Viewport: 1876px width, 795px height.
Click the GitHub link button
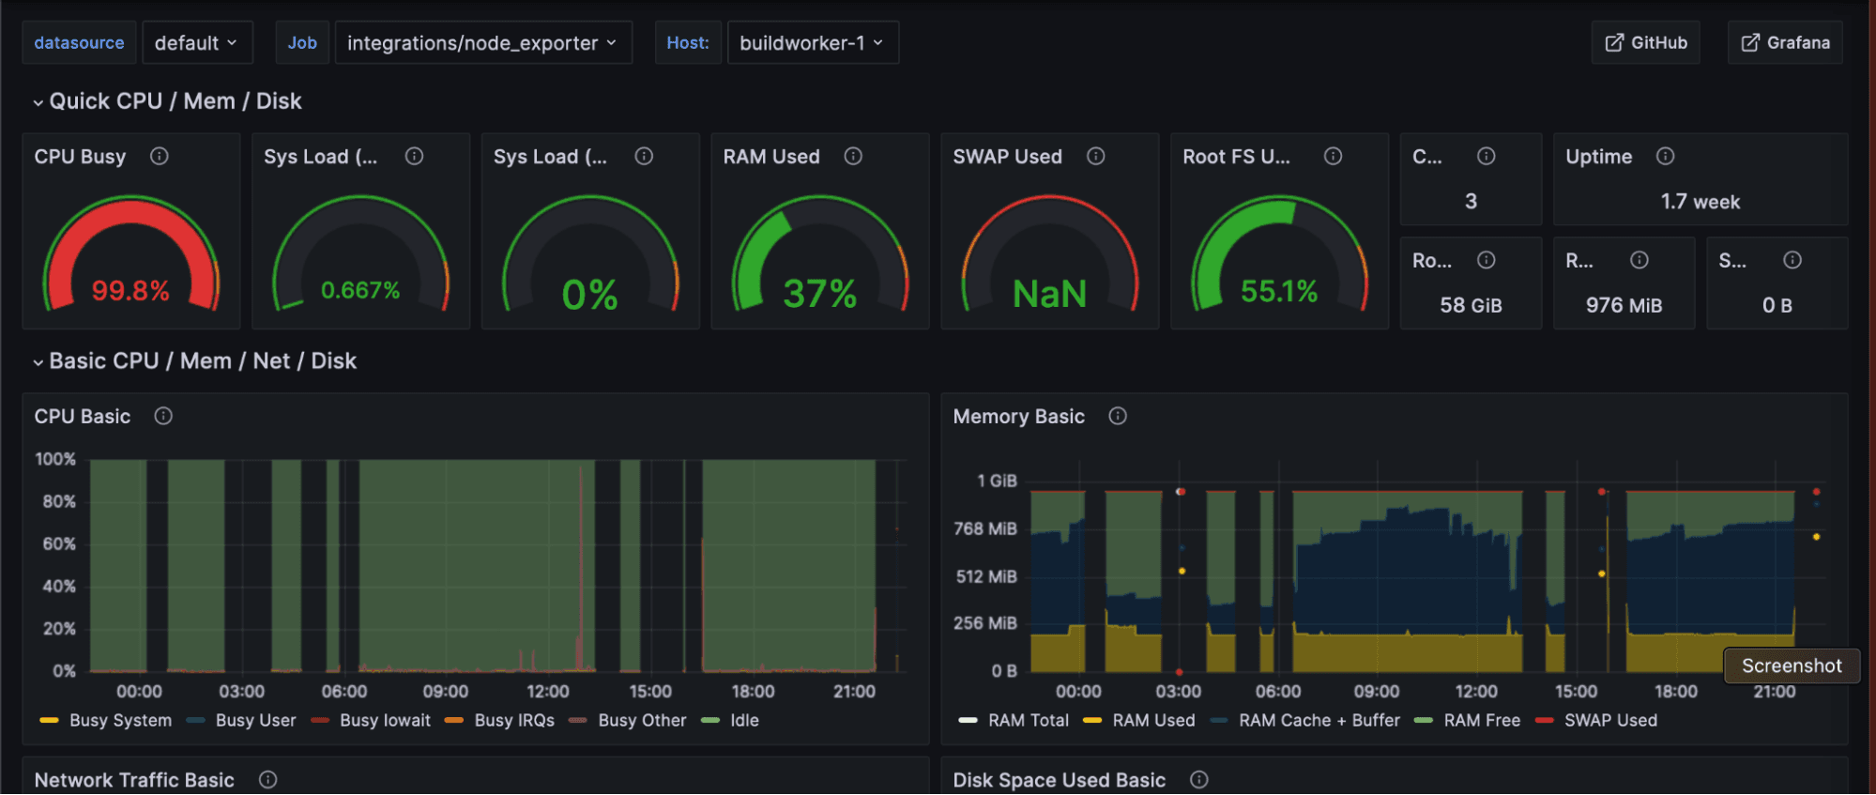tap(1645, 42)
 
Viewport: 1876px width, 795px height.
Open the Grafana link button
tap(1785, 42)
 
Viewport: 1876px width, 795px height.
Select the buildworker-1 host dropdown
tap(812, 42)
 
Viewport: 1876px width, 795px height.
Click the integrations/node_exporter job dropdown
tap(482, 42)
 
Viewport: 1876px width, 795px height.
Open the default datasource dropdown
tap(196, 42)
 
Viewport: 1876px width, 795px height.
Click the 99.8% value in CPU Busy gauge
tap(130, 291)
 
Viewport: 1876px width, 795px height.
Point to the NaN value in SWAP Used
tap(1049, 295)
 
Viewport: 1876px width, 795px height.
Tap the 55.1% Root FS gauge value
tap(1279, 292)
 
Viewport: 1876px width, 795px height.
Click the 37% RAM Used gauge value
tap(819, 295)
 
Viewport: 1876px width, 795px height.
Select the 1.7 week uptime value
tap(1700, 202)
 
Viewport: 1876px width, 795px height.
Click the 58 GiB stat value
tap(1471, 305)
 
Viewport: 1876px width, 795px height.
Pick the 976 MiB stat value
tap(1624, 305)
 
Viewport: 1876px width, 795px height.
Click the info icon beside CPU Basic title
tap(163, 416)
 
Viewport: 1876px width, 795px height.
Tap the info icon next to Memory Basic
tap(1117, 416)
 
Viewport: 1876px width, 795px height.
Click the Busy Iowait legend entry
tap(385, 720)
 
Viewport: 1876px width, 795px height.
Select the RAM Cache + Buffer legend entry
tap(1319, 720)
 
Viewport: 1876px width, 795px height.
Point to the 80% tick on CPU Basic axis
tap(58, 501)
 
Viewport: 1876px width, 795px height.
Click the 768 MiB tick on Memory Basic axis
tap(984, 528)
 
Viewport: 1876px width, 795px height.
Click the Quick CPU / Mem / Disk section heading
tap(175, 101)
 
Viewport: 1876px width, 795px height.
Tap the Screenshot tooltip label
tap(1791, 665)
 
